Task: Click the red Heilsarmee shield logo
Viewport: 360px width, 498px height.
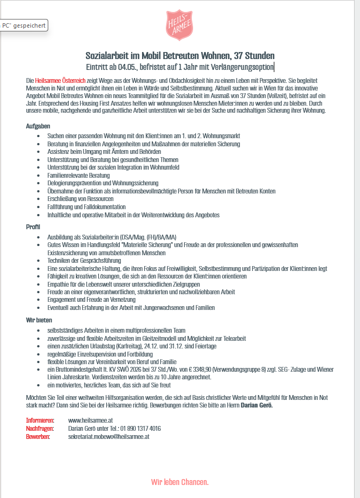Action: pyautogui.click(x=179, y=25)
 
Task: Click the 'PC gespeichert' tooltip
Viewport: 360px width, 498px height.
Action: pyautogui.click(x=24, y=25)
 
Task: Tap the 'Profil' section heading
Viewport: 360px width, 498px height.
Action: pyautogui.click(x=33, y=227)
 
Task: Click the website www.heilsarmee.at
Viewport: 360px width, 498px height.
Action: pyautogui.click(x=91, y=420)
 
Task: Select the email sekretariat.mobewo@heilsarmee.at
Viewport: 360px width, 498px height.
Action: pyautogui.click(x=108, y=436)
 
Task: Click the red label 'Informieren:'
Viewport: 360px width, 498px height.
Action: pyautogui.click(x=40, y=420)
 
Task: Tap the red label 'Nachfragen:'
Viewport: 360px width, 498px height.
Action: pyautogui.click(x=40, y=428)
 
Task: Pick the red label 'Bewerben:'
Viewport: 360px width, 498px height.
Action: pyautogui.click(x=38, y=436)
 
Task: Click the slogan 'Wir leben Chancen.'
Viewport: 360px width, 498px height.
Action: pyautogui.click(x=179, y=482)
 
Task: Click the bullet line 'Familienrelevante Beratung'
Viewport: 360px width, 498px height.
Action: pyautogui.click(x=78, y=176)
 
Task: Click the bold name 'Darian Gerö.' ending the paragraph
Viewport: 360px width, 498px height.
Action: pyautogui.click(x=256, y=405)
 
